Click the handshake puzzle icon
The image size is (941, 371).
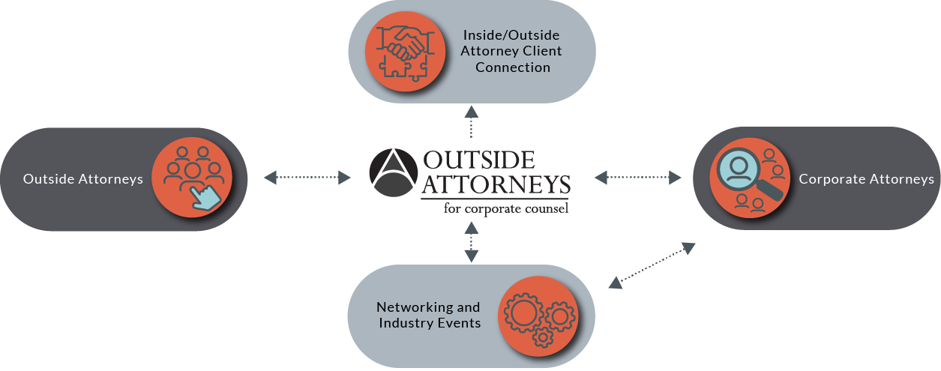400,51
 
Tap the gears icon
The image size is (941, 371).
538,316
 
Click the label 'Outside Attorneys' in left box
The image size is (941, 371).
83,179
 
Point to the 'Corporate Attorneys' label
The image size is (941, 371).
866,179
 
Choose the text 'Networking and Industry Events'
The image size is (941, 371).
428,315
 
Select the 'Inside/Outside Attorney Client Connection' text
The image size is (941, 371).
512,51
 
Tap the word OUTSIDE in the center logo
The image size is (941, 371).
478,160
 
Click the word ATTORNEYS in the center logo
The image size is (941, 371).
496,184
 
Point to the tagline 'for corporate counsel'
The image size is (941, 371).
506,208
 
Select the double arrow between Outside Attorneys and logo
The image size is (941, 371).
307,177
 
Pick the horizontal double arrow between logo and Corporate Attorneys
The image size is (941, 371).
637,177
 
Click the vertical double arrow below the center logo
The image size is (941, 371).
471,241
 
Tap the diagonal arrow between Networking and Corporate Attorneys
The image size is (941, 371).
651,265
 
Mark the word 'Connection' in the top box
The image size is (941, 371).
512,67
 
